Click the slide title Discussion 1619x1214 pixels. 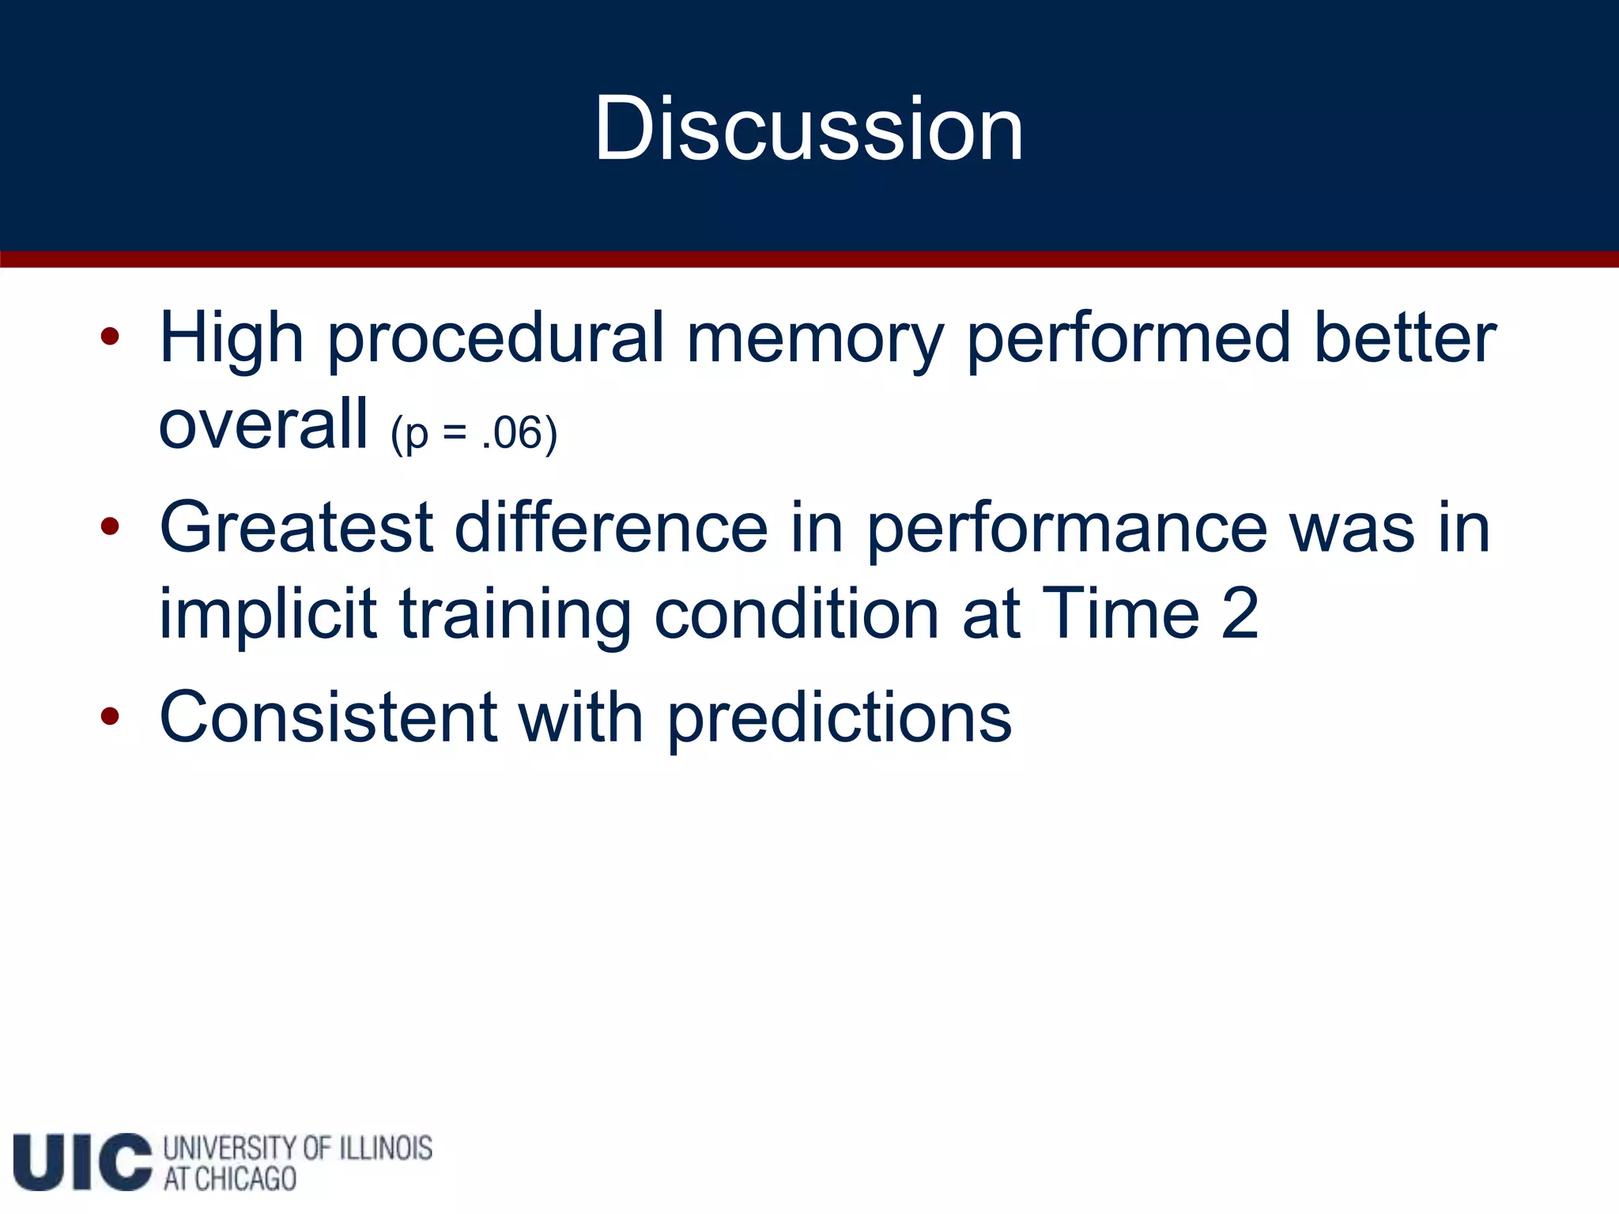pos(809,128)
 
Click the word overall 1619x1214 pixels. pos(263,425)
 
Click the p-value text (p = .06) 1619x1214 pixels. pos(474,434)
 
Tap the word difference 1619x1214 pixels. pos(610,528)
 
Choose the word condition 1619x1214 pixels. pos(796,615)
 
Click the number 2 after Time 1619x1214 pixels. pos(1239,614)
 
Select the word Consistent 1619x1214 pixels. pos(328,718)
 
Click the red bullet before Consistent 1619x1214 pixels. pos(110,717)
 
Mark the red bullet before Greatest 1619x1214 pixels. pos(110,526)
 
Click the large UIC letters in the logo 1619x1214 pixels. pos(82,1161)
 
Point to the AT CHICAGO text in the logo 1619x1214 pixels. pos(229,1179)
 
